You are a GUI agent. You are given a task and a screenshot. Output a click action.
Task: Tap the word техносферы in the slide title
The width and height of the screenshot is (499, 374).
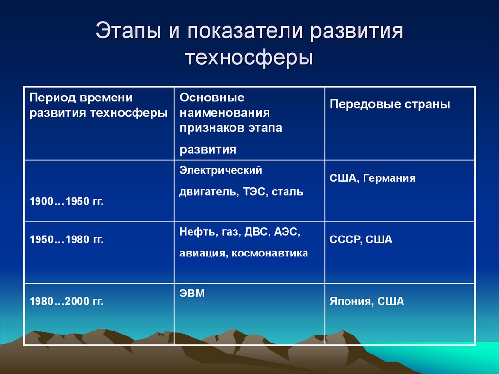tap(249, 57)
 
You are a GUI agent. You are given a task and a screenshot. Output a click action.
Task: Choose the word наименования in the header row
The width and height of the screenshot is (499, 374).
tap(225, 113)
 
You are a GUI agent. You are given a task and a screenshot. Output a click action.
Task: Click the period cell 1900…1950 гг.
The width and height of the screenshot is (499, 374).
tap(67, 202)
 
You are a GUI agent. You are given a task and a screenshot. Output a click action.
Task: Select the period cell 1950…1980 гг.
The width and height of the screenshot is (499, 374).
tap(67, 240)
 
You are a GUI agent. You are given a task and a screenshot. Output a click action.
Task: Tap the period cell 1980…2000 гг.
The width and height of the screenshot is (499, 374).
tap(67, 302)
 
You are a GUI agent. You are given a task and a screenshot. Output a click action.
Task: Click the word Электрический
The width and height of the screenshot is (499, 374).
tap(221, 170)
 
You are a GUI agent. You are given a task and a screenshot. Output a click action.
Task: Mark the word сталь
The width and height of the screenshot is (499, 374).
tap(288, 192)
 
